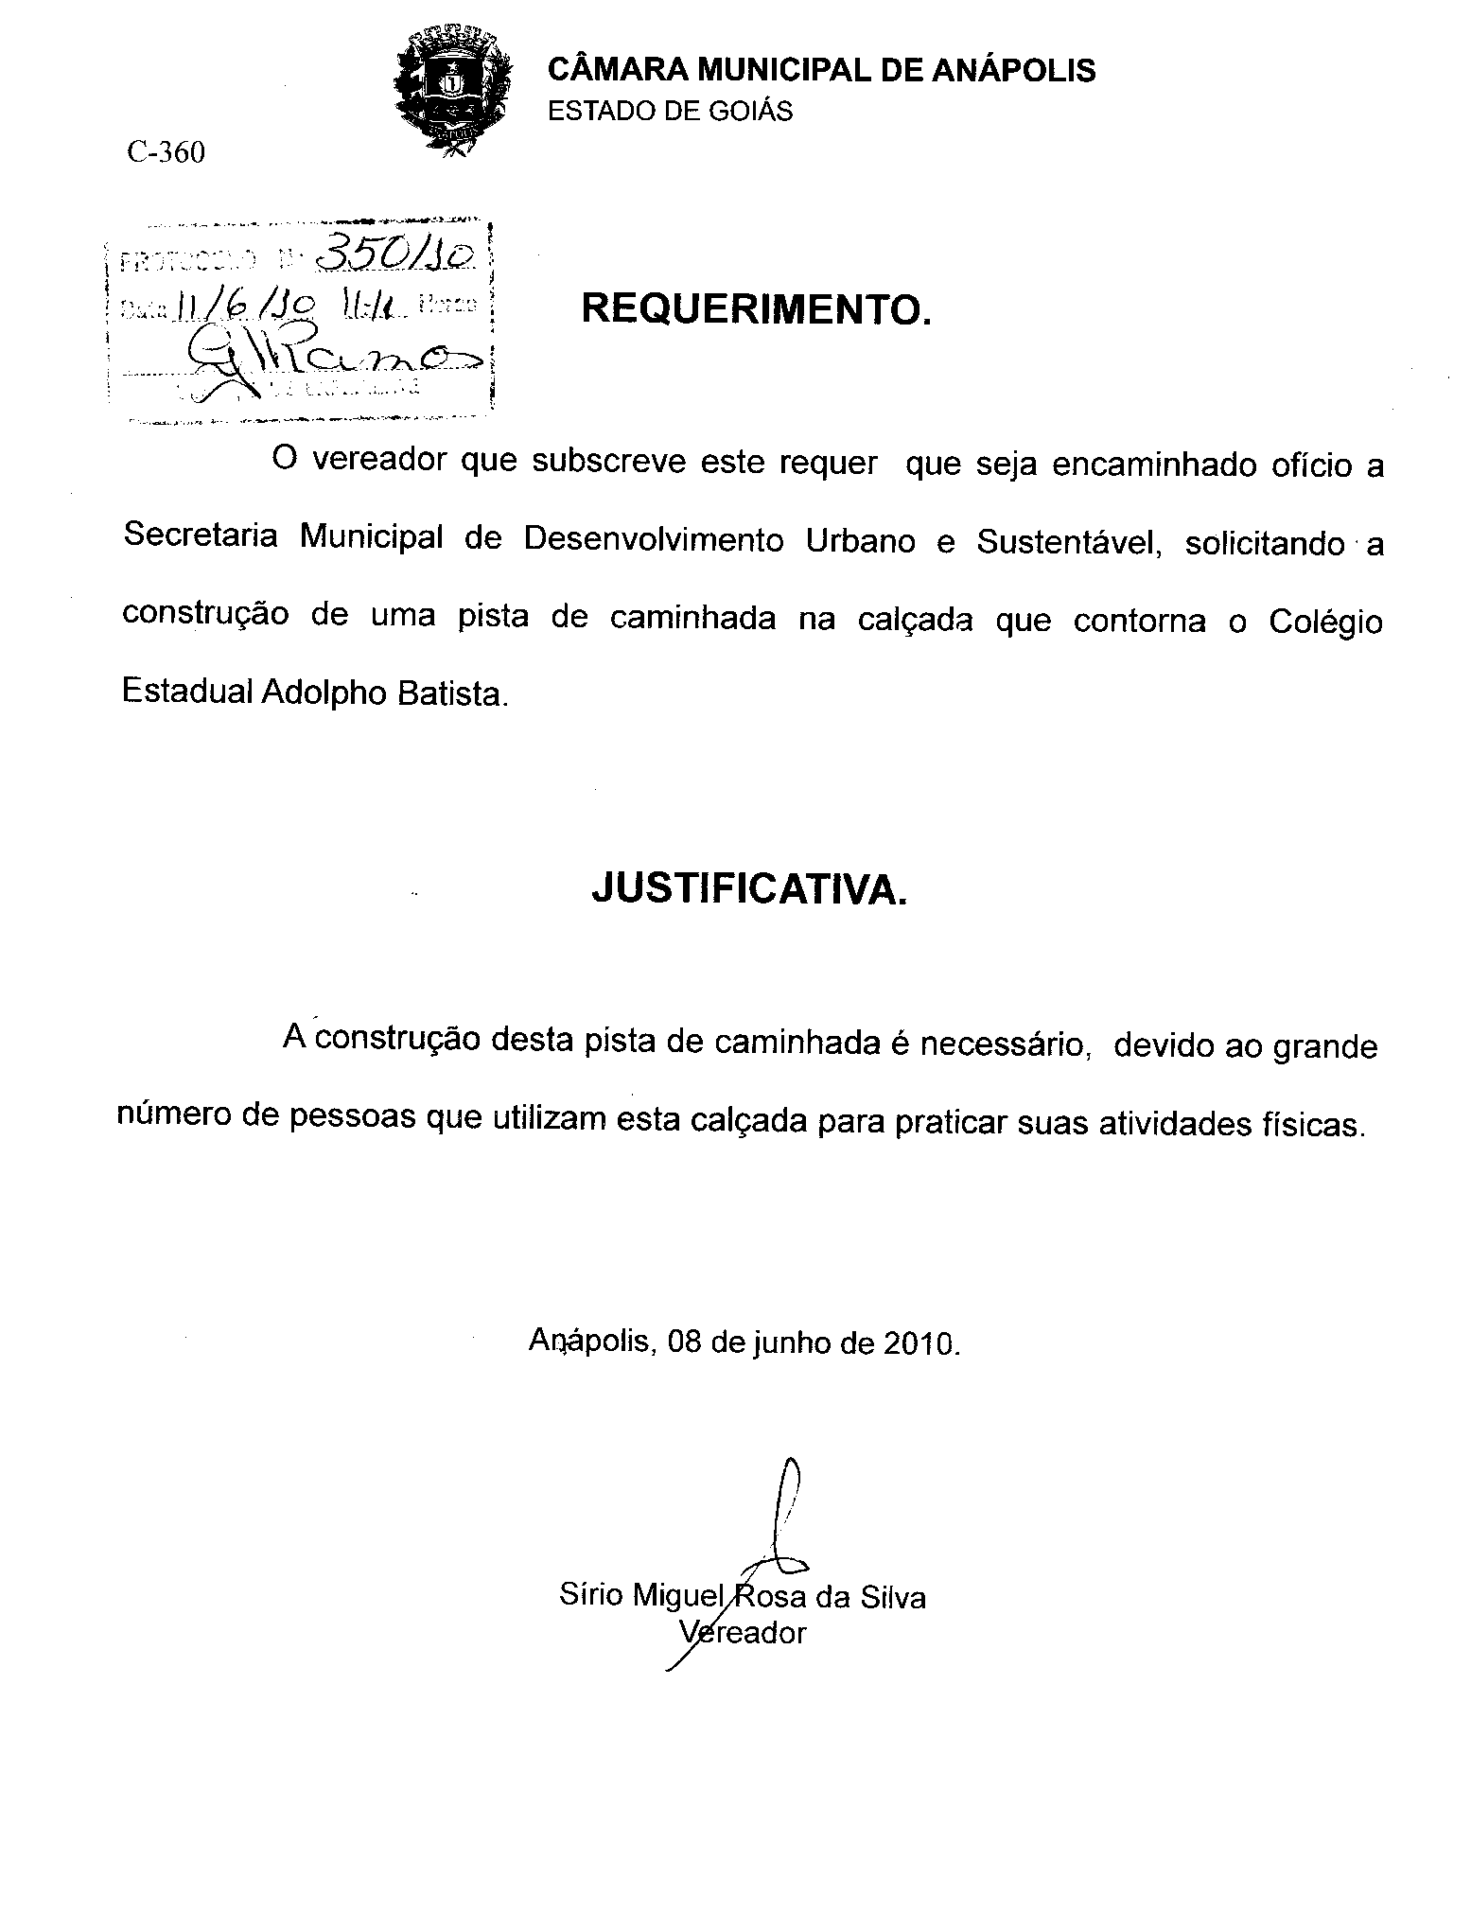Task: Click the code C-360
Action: [166, 152]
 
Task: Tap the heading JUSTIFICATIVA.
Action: [749, 889]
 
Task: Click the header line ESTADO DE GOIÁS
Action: [671, 112]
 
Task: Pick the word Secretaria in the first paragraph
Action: [201, 536]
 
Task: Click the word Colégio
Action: [1325, 622]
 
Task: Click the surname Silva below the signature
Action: [892, 1597]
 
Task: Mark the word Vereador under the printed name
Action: [744, 1632]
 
